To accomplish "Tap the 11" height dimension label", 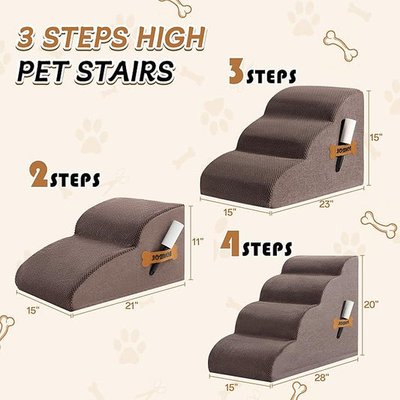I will [x=198, y=242].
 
